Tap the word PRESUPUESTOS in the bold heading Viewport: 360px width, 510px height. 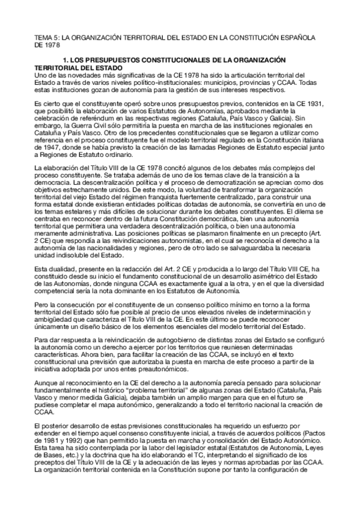tap(106, 61)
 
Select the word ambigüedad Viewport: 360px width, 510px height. tap(56, 319)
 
